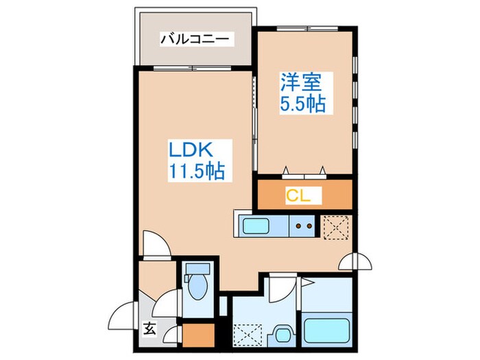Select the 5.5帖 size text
coord(302,104)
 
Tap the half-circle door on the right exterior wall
coord(357,261)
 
